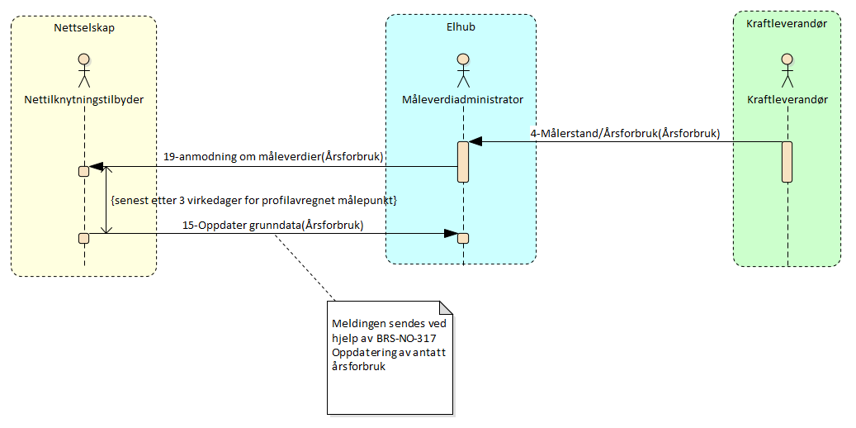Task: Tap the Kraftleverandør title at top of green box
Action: [787, 23]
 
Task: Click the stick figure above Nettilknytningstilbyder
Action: [83, 72]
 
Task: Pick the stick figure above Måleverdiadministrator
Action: [462, 72]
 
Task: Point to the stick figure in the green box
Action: [787, 72]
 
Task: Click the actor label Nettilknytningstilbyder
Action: [83, 99]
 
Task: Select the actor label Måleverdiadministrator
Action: [462, 99]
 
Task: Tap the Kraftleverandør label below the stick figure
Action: [787, 99]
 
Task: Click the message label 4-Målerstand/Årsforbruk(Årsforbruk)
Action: [624, 133]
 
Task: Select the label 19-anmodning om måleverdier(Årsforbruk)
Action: [274, 156]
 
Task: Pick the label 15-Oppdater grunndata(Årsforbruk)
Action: [273, 225]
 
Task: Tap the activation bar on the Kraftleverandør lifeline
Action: [787, 161]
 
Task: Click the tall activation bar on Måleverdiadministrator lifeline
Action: [463, 161]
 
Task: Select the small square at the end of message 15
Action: [463, 239]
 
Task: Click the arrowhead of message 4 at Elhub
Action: [475, 142]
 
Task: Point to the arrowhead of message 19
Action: [96, 167]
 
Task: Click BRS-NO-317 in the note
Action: [400, 339]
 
